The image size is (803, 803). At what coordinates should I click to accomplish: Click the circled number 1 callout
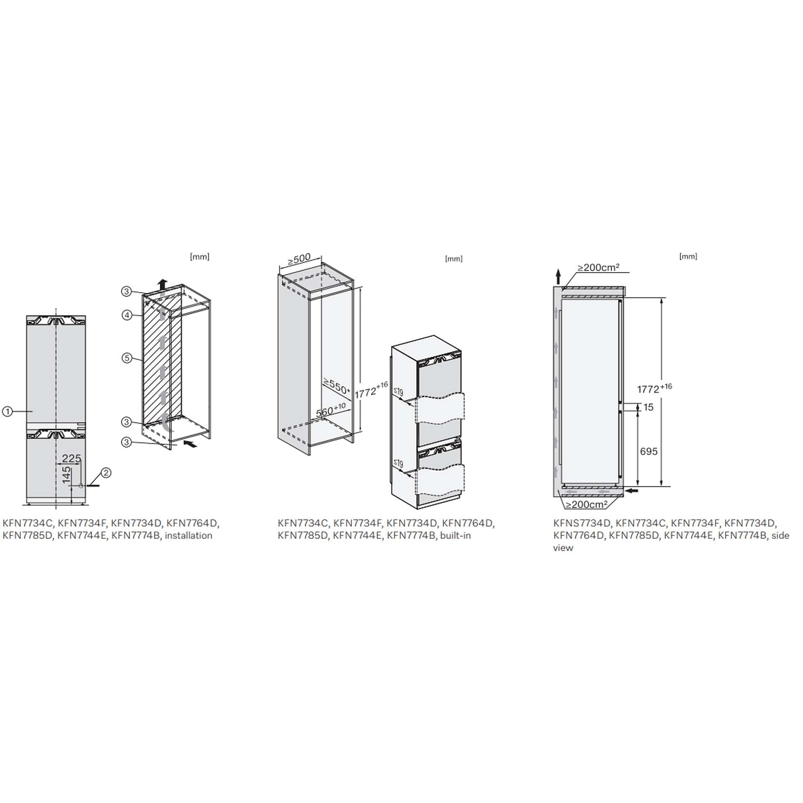(7, 412)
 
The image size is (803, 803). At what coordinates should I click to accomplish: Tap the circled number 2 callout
(106, 473)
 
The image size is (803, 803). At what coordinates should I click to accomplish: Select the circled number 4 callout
(127, 315)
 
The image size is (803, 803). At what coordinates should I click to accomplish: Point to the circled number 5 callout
(127, 358)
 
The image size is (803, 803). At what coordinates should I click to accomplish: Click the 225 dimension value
(72, 458)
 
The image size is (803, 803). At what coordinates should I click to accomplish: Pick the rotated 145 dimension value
(66, 476)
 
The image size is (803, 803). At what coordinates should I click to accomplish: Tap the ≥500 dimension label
(299, 259)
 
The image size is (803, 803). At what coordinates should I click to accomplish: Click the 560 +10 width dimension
(331, 410)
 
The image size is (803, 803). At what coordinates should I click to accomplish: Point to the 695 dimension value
(649, 451)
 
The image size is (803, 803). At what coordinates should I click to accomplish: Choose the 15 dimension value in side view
(648, 407)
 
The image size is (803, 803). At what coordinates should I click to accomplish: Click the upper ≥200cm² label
(598, 267)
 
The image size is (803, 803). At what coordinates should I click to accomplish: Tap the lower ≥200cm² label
(586, 505)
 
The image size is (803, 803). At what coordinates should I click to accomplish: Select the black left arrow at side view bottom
(632, 490)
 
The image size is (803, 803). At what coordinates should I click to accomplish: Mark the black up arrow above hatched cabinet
(163, 284)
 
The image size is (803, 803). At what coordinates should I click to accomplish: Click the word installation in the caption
(189, 536)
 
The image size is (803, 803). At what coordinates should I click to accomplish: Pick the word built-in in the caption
(455, 536)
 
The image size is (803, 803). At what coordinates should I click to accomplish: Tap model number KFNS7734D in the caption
(582, 523)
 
